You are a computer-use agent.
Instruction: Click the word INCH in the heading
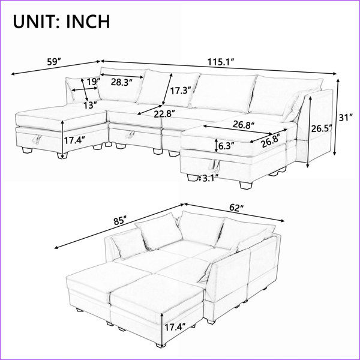[x=88, y=22]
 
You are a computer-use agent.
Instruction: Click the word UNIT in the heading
[x=35, y=22]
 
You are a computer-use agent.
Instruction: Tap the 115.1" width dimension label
[x=221, y=62]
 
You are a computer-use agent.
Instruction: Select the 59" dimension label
[x=54, y=62]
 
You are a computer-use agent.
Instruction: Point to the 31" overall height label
[x=346, y=118]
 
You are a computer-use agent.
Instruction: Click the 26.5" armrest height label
[x=322, y=129]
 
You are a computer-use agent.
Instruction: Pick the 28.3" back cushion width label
[x=122, y=82]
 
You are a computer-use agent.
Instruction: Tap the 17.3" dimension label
[x=181, y=91]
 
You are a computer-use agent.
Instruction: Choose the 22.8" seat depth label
[x=164, y=113]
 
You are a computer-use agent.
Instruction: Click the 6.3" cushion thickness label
[x=226, y=146]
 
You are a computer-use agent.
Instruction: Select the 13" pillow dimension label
[x=90, y=106]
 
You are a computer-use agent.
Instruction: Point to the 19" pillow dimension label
[x=94, y=82]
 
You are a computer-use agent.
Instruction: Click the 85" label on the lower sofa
[x=120, y=221]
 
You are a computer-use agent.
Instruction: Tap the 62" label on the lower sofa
[x=236, y=208]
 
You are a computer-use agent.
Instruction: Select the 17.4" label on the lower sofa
[x=175, y=327]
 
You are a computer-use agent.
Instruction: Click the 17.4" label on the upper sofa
[x=74, y=140]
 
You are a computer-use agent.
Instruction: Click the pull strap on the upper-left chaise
[x=37, y=139]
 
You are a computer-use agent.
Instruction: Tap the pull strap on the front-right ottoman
[x=215, y=166]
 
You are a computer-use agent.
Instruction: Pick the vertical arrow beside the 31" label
[x=337, y=116]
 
